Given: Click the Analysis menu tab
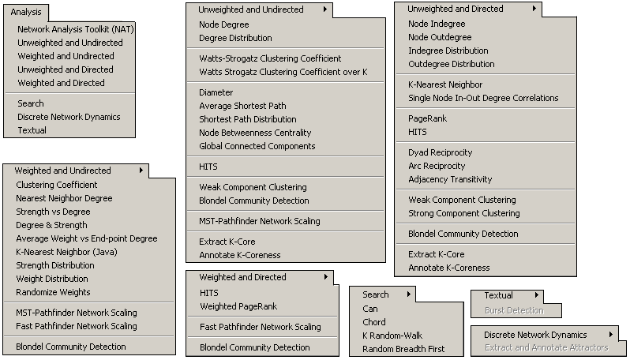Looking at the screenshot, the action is pos(26,12).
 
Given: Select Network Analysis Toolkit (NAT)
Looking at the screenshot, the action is pos(76,29).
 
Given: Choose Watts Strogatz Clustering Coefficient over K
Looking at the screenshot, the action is pos(283,73).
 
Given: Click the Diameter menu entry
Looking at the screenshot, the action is pos(216,93).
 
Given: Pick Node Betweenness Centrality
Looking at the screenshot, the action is pos(255,133).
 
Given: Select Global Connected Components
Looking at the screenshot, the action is pos(257,146).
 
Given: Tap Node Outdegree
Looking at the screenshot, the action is pos(440,37).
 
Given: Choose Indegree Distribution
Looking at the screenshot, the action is pos(448,51).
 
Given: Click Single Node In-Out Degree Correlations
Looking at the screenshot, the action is pos(483,98).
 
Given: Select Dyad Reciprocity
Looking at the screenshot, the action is pos(441,152).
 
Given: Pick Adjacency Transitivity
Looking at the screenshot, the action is pos(450,179).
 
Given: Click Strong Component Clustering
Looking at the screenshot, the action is pos(464,213).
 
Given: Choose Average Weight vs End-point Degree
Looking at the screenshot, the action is pos(87,238).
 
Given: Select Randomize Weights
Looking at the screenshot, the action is pos(53,292).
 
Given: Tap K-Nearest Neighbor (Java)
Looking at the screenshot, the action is pos(66,253).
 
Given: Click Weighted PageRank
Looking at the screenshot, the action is pos(238,306).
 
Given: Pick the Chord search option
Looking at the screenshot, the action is pos(374,322).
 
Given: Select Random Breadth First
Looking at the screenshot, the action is pos(403,349).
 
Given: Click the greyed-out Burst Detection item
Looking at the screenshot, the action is pos(514,310).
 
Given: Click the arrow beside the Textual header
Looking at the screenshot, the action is pos(537,295).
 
